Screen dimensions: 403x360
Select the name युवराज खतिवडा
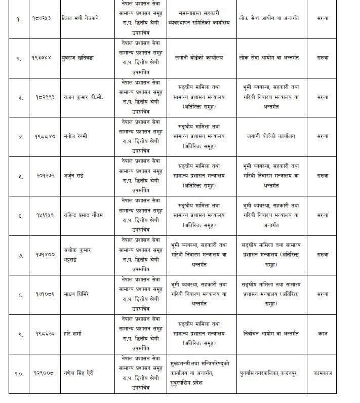click(x=78, y=57)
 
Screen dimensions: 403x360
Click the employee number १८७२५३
click(x=42, y=18)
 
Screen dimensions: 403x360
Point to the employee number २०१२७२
click(x=42, y=176)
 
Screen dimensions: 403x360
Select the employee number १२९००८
click(x=42, y=374)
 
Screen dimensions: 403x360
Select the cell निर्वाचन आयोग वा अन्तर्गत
click(x=270, y=334)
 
